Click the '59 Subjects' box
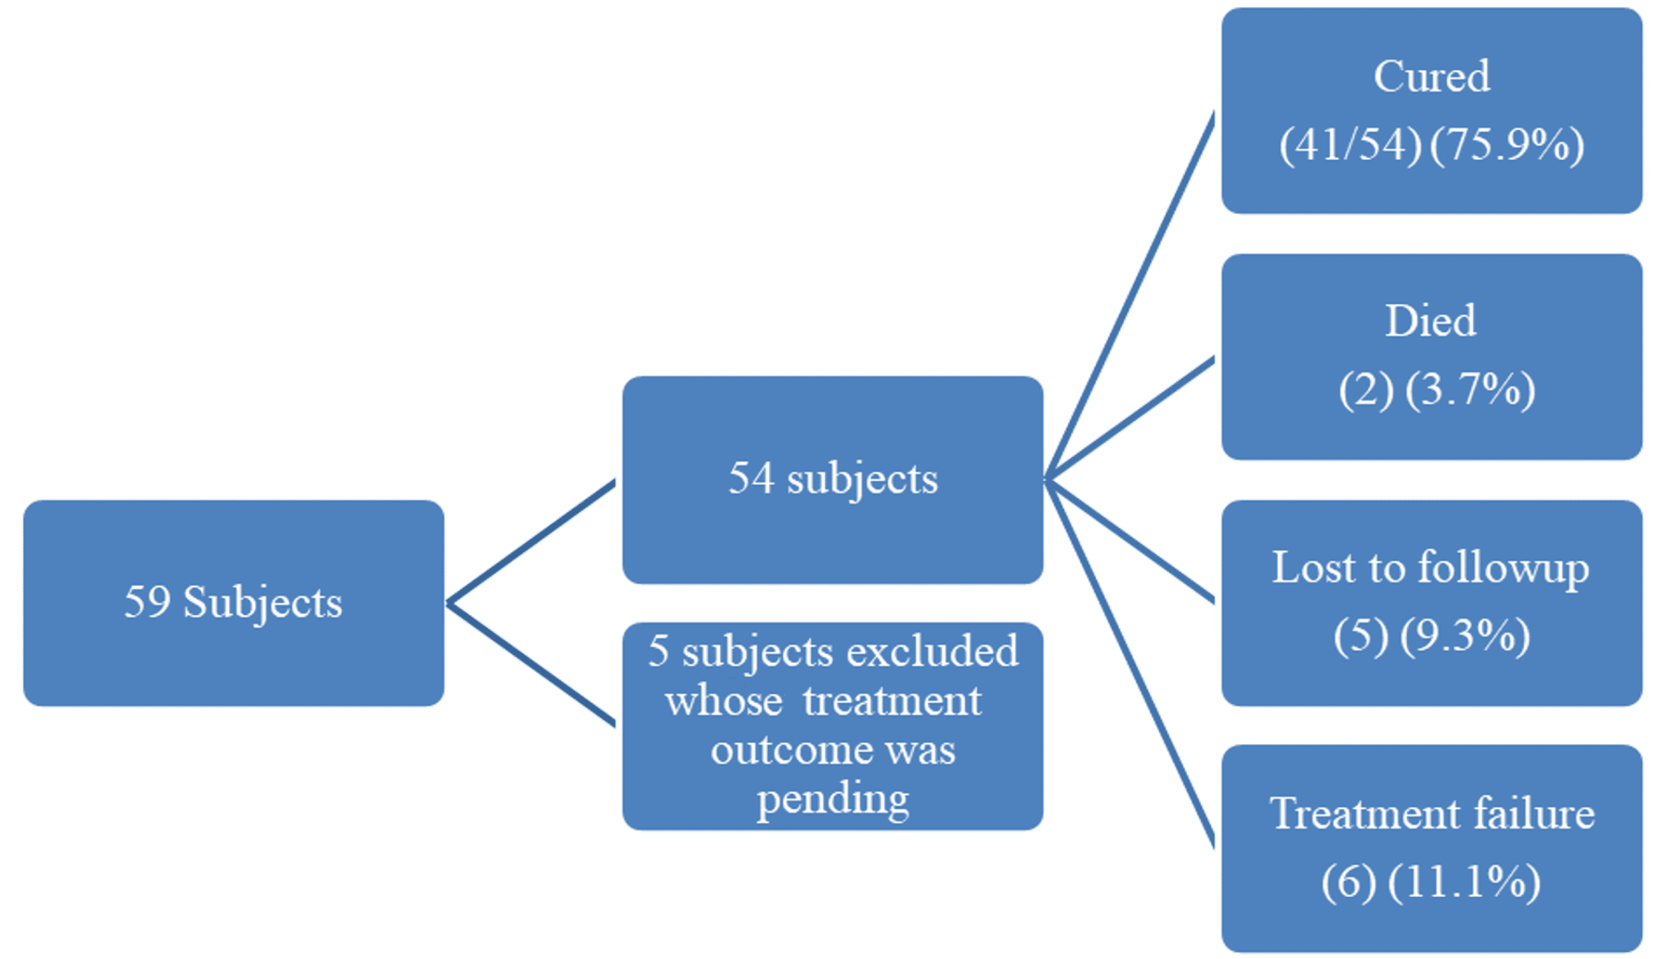(233, 603)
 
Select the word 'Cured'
(1431, 76)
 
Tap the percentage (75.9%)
(1507, 145)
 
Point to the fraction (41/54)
(1350, 145)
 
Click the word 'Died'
(1431, 321)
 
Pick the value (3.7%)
(1470, 389)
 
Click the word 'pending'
(833, 799)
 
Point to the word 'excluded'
(932, 652)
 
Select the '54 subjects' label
(833, 479)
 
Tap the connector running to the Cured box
(1130, 297)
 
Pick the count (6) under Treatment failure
(1349, 882)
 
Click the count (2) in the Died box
(1366, 389)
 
